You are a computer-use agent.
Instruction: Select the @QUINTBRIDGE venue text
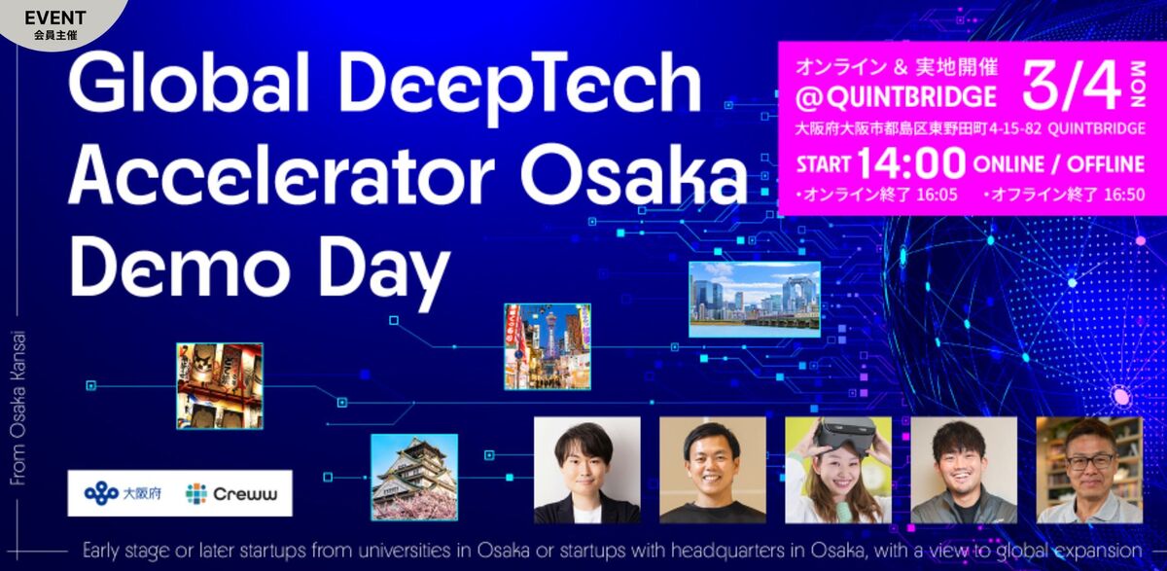pyautogui.click(x=896, y=97)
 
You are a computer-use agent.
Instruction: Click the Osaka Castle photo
pyautogui.click(x=413, y=477)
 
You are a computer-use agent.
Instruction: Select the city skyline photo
pyautogui.click(x=755, y=299)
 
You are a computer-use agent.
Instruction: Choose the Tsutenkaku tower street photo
pyautogui.click(x=548, y=346)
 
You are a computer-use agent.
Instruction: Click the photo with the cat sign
pyautogui.click(x=219, y=385)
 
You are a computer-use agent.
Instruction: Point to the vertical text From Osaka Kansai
pyautogui.click(x=20, y=409)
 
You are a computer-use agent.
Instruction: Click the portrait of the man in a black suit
pyautogui.click(x=587, y=471)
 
